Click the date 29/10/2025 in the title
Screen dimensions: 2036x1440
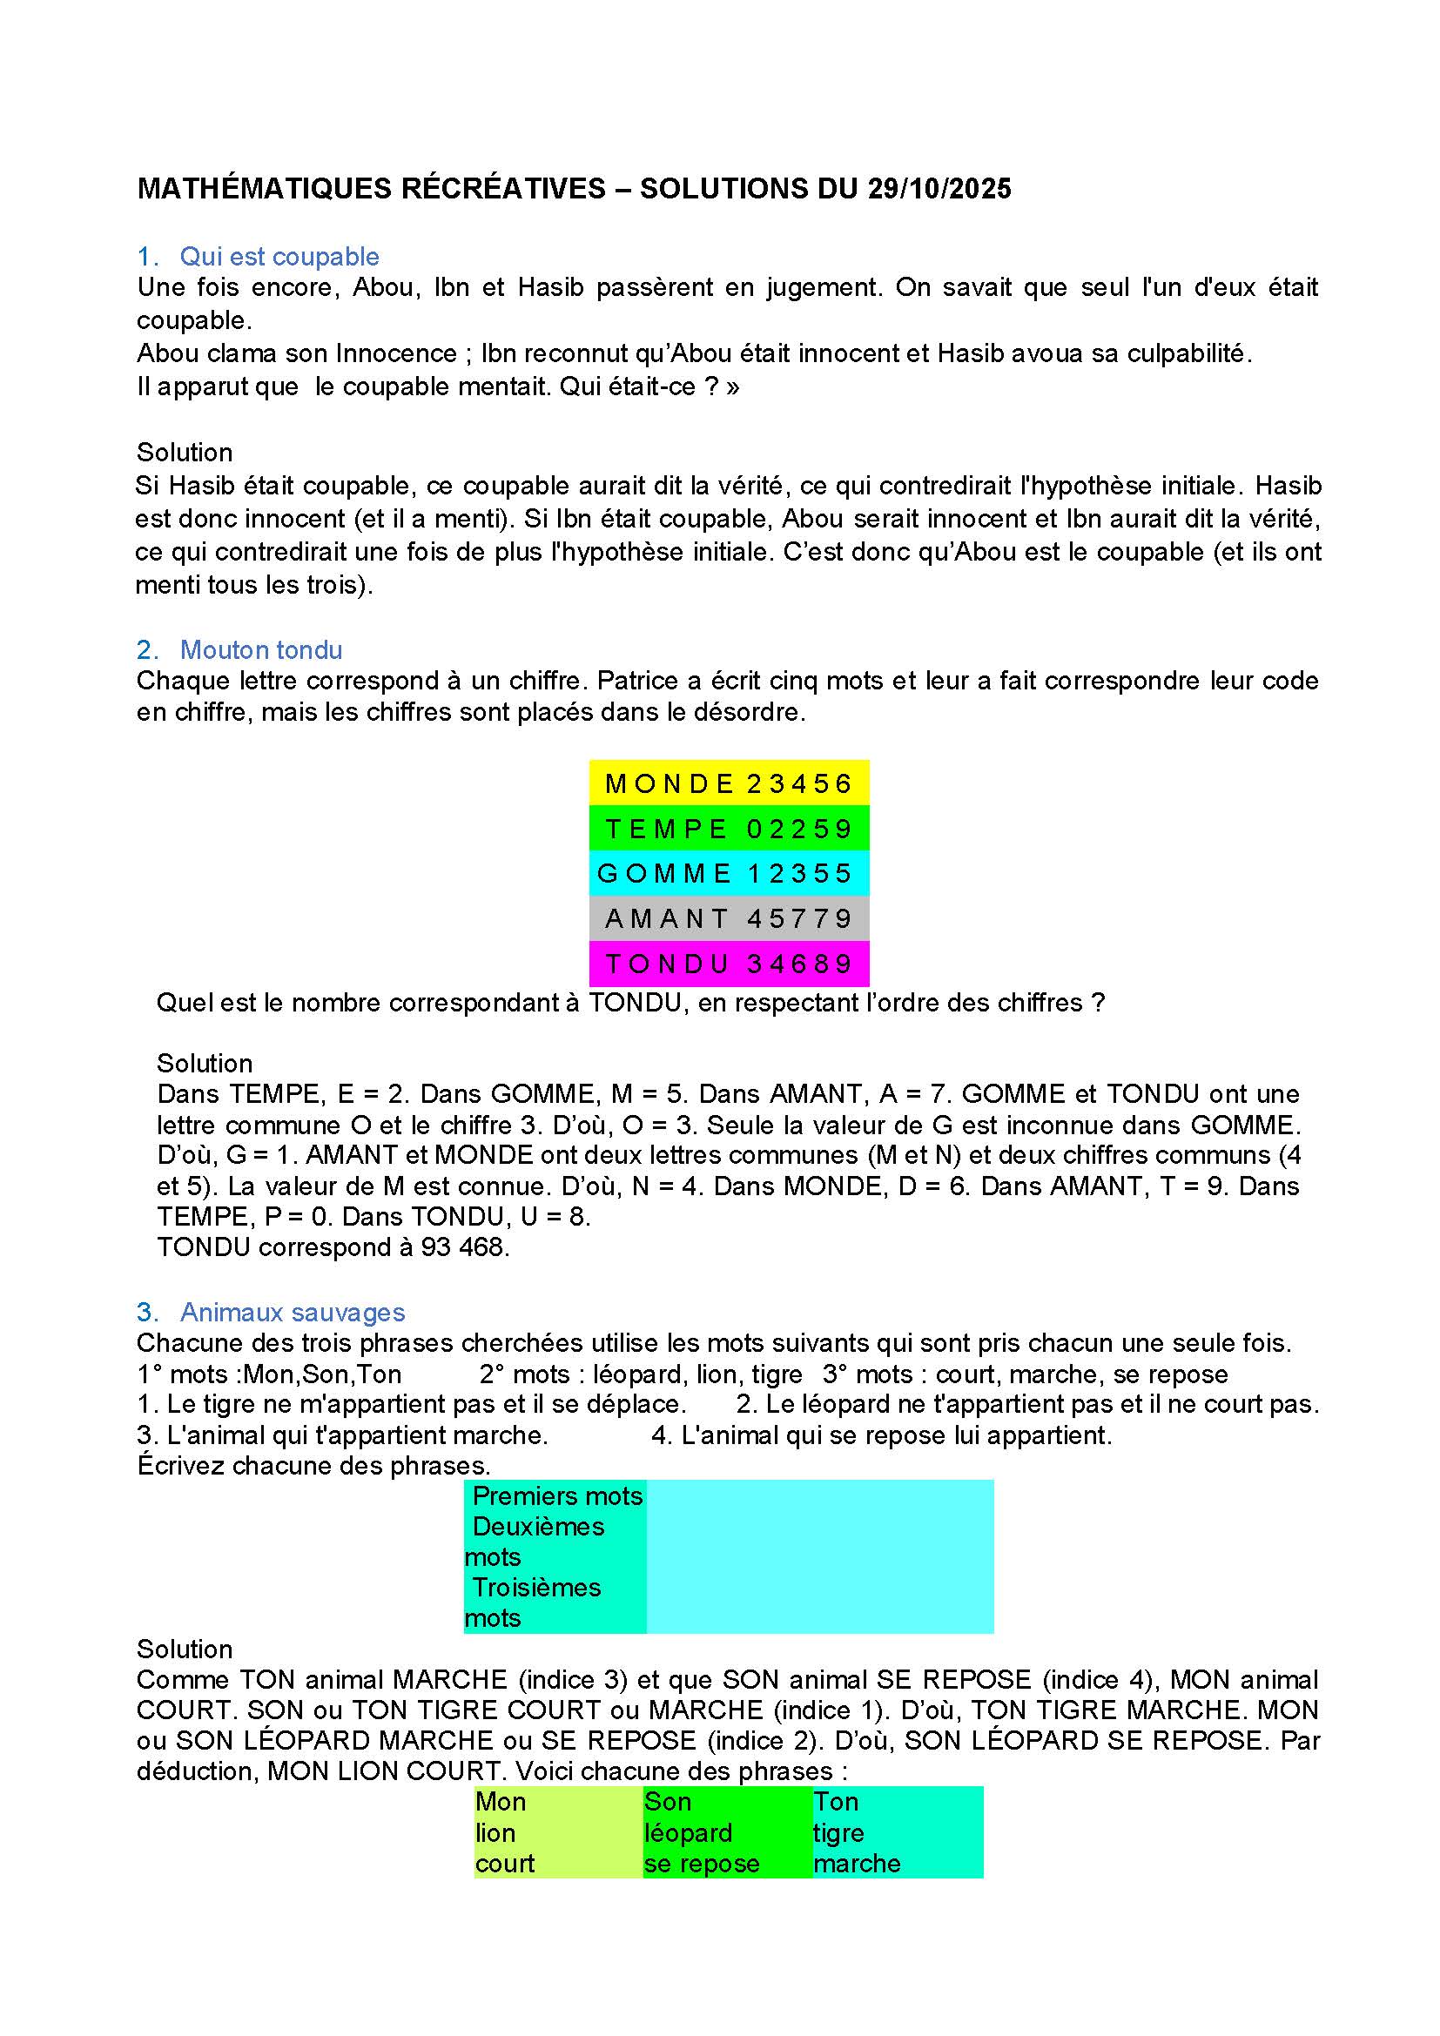[939, 189]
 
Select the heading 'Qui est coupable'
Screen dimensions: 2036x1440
[279, 256]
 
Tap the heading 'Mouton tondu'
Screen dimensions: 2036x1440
[260, 650]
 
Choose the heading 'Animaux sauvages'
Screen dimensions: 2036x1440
[293, 1313]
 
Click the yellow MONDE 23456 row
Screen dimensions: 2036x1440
[729, 784]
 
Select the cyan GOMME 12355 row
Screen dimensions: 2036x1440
[729, 873]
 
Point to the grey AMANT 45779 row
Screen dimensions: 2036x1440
[729, 918]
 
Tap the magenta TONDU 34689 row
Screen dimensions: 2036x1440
[729, 964]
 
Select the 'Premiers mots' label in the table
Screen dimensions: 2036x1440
[557, 1496]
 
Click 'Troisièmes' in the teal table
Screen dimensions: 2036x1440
[536, 1588]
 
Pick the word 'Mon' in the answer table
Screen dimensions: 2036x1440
[501, 1802]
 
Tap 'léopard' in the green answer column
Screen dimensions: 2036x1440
[688, 1833]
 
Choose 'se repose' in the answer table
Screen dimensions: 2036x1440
[702, 1864]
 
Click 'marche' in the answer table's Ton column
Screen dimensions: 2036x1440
[857, 1864]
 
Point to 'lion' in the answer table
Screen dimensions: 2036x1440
[495, 1833]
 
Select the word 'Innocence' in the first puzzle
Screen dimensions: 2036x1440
[396, 353]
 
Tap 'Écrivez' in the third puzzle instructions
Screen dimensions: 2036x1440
[182, 1465]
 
